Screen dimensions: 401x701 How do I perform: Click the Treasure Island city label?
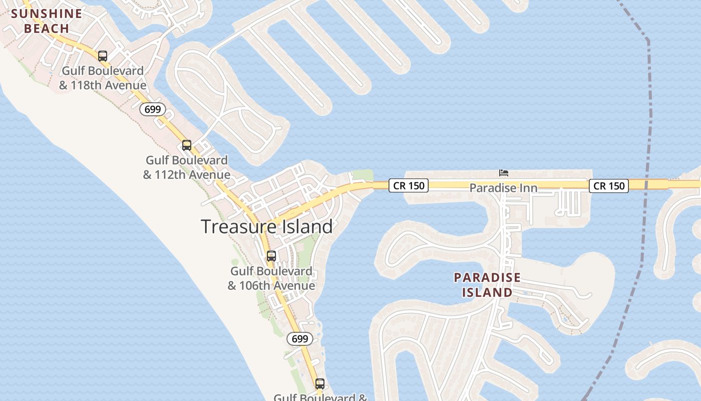click(x=267, y=227)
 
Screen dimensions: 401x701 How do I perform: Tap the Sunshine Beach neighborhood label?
click(x=46, y=21)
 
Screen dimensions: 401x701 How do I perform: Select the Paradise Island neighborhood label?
click(x=487, y=285)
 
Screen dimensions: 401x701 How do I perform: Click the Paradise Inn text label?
click(x=503, y=188)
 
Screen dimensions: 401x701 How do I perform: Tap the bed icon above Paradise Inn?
click(x=504, y=173)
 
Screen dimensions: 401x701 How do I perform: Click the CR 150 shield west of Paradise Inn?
click(x=409, y=185)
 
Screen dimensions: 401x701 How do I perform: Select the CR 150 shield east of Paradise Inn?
click(x=608, y=186)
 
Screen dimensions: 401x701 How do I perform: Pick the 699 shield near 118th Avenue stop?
click(x=152, y=109)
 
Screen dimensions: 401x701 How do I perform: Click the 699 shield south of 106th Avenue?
click(x=300, y=339)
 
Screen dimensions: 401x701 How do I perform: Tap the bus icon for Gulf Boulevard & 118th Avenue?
click(x=103, y=56)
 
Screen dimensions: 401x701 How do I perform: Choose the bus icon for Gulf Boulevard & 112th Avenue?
click(x=187, y=145)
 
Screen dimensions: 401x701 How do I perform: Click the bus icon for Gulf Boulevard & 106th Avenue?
click(x=271, y=256)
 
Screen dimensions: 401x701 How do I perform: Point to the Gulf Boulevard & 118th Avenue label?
click(x=103, y=78)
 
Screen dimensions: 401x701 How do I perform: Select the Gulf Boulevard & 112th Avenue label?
click(x=187, y=167)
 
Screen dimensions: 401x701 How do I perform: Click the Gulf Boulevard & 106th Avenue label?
click(x=271, y=278)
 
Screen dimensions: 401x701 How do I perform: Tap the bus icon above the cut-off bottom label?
click(x=320, y=384)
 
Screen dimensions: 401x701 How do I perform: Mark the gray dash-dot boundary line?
click(x=649, y=125)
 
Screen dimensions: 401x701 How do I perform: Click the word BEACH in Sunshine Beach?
click(x=46, y=28)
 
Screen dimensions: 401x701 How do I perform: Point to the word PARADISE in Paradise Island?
click(x=487, y=277)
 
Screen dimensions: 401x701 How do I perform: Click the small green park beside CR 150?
click(x=362, y=175)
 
